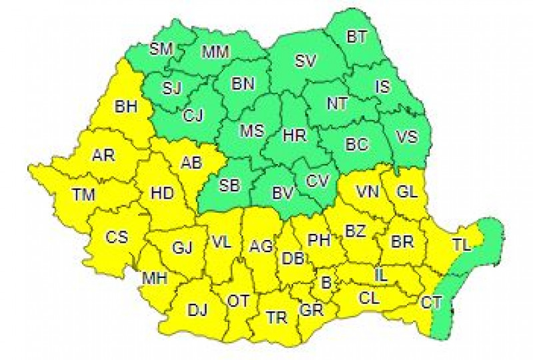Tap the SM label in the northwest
[x=160, y=48]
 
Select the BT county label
[x=356, y=37]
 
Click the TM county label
[x=85, y=195]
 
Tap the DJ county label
[x=197, y=310]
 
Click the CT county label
[x=431, y=303]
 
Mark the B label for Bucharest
[x=326, y=283]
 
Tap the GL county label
[x=407, y=192]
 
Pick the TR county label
[x=276, y=318]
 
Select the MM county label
[x=215, y=51]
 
